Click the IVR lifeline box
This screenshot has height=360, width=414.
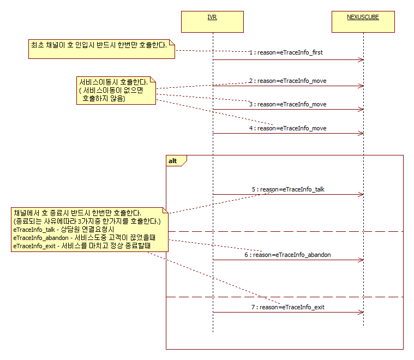212,22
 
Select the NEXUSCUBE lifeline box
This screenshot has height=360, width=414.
363,22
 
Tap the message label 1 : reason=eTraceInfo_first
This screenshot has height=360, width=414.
286,52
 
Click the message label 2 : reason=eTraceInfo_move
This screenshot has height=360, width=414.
288,81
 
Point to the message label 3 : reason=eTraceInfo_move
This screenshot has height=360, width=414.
288,104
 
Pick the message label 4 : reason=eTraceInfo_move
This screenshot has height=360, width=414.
288,128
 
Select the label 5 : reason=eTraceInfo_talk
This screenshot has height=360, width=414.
288,189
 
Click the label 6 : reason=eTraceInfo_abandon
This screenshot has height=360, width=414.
287,255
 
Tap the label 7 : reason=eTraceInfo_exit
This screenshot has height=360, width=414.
288,307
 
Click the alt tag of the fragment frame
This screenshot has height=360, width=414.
173,161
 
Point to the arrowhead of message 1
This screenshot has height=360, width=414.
361,59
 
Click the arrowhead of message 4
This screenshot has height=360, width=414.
361,134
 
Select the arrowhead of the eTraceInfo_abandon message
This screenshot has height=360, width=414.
361,260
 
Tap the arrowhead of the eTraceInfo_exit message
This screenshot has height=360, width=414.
361,312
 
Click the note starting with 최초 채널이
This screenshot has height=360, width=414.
101,49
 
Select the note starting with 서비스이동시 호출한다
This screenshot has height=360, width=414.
116,91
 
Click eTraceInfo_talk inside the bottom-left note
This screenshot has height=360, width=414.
34,230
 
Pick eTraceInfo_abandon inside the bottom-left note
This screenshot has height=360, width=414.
41,238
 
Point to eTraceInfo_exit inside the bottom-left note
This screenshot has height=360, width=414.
34,246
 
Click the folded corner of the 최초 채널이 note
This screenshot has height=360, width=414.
172,42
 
